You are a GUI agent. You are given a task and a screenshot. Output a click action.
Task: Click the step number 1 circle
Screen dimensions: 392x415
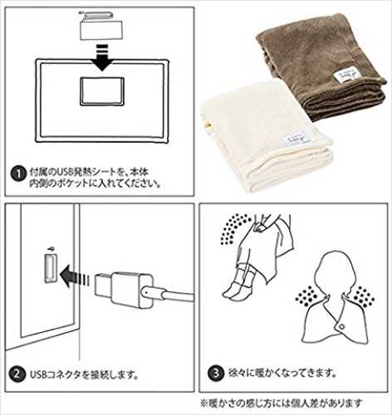coord(18,174)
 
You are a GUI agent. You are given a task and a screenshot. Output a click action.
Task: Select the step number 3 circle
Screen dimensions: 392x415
coord(216,373)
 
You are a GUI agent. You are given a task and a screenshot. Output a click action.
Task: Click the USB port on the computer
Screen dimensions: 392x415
coord(51,268)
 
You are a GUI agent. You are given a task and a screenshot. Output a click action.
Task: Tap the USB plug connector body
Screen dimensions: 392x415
coord(124,290)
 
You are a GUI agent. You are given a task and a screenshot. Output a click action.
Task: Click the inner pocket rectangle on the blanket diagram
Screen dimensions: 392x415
coord(102,91)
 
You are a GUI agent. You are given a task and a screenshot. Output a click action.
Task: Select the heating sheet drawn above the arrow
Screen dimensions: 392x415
coord(101,26)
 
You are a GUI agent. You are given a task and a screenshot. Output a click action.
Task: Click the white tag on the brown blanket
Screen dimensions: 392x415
coord(346,76)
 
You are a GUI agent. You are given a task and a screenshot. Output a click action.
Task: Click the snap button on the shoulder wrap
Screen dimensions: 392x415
coord(342,327)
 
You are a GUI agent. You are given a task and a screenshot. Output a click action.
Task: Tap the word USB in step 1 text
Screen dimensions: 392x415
coord(64,172)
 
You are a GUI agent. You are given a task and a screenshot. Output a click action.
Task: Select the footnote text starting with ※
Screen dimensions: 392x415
coord(282,403)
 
